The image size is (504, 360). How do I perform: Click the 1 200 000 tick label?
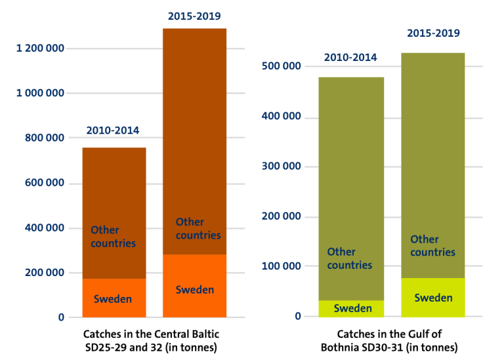(x=40, y=48)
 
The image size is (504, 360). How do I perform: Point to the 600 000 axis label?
(x=45, y=183)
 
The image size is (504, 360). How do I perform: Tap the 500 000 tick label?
(x=282, y=66)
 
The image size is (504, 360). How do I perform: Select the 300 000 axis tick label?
(x=282, y=166)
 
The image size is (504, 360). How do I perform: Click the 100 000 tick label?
(x=282, y=266)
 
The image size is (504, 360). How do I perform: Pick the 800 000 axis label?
(x=45, y=138)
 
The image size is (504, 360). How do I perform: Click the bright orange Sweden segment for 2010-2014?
(x=114, y=298)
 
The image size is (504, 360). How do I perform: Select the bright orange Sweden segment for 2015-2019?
(x=194, y=286)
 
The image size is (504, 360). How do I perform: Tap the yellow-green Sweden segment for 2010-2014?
(x=351, y=309)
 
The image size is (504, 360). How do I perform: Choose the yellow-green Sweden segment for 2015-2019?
(x=433, y=298)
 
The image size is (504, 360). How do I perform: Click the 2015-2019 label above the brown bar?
(x=194, y=16)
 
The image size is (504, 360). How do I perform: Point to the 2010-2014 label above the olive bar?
(x=350, y=58)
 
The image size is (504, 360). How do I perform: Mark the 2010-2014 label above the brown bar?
(x=113, y=130)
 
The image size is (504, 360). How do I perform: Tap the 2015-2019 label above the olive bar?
(x=434, y=33)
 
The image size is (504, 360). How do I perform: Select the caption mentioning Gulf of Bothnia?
(x=389, y=341)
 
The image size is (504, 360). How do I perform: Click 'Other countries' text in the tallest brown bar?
(x=198, y=229)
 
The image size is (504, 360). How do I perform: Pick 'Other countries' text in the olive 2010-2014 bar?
(x=349, y=258)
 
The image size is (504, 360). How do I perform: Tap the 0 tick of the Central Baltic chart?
(x=61, y=317)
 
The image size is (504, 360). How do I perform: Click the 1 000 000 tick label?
(x=40, y=93)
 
